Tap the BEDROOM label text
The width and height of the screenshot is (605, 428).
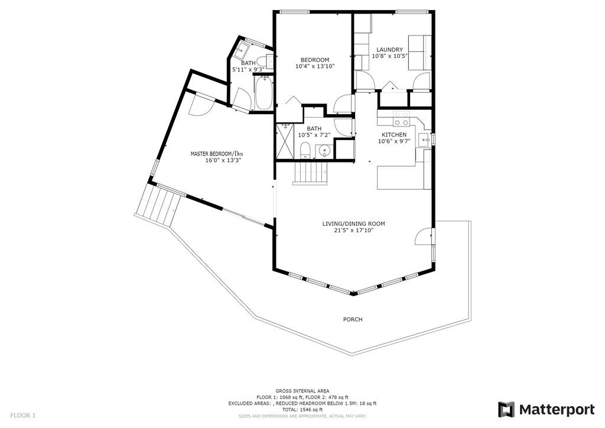tap(314, 60)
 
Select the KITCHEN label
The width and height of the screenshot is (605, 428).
tap(393, 135)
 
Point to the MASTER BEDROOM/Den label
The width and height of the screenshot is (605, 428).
tap(216, 154)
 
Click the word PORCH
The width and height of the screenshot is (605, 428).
tap(353, 319)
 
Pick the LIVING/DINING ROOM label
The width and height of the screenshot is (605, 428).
tap(353, 223)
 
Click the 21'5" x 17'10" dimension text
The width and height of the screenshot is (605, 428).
tap(353, 231)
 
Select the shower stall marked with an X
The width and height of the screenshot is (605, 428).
tap(285, 141)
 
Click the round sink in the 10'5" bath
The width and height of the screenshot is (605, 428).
tap(323, 151)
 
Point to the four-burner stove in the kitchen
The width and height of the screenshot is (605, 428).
tap(402, 119)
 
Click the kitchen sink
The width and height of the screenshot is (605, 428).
tap(424, 140)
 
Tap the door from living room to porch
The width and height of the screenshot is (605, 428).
tap(424, 237)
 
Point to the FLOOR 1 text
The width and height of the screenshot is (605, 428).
tap(23, 416)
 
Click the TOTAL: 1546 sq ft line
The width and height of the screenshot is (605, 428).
tap(302, 409)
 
